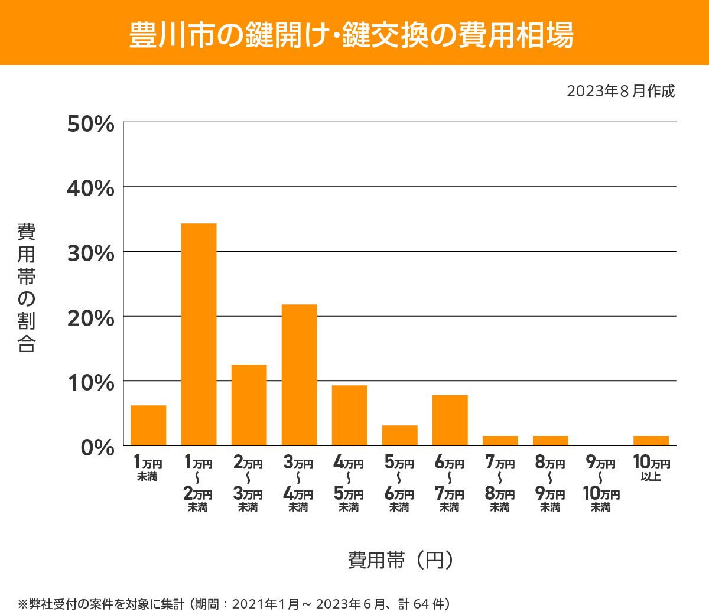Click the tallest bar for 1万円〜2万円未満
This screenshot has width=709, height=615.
[199, 334]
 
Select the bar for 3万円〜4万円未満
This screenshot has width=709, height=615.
[299, 375]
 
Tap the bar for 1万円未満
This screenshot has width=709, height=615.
[148, 425]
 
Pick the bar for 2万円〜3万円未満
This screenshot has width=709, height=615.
[249, 405]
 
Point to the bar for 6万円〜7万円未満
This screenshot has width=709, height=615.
[450, 420]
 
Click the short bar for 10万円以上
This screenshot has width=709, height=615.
[651, 441]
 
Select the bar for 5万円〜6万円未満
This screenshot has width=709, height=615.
[399, 435]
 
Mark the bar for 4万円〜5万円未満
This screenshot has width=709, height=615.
[349, 415]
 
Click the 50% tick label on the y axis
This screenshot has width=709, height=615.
[90, 124]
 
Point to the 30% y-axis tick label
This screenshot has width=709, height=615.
[90, 253]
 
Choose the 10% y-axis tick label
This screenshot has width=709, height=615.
[90, 383]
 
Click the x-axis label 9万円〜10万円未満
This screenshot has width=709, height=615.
[601, 484]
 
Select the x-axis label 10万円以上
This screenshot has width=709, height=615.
[651, 468]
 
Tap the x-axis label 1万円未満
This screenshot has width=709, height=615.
[148, 468]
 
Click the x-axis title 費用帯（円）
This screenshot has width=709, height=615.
[401, 559]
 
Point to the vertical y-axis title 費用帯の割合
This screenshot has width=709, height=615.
[27, 288]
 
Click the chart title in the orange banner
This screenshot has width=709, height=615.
[352, 35]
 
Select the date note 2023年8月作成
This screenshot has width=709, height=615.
[620, 92]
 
